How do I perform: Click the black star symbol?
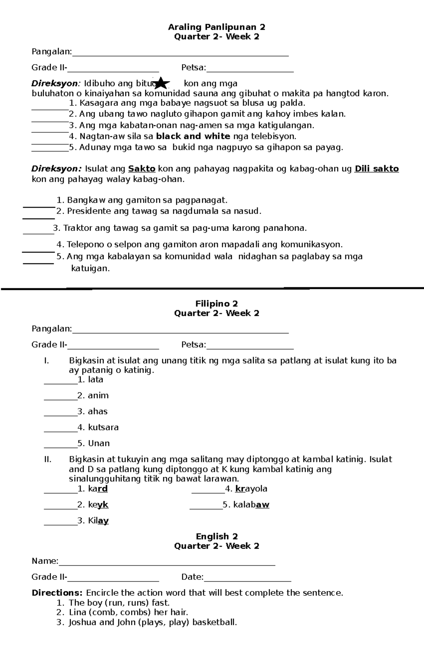[161, 83]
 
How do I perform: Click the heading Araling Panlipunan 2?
[217, 27]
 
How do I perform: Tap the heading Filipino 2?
[217, 304]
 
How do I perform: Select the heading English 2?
[217, 536]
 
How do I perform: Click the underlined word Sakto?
[142, 169]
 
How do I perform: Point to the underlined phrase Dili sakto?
[377, 169]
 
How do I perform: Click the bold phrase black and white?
[193, 136]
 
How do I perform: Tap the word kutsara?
[103, 427]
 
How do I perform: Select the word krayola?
[251, 489]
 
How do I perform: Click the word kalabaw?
[251, 505]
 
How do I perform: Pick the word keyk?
[98, 505]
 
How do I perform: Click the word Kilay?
[98, 521]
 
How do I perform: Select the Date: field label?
[192, 577]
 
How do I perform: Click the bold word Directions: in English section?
[57, 593]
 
